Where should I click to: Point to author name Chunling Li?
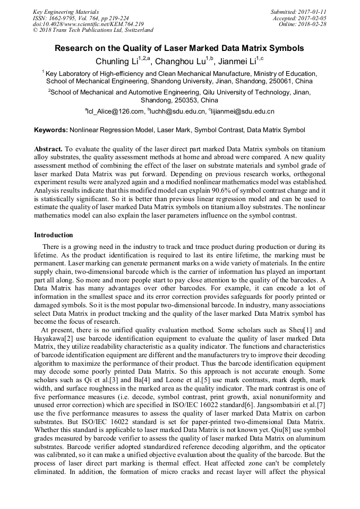tap(115, 62)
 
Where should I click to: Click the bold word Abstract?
tap(48, 150)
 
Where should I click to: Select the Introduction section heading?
tap(54, 235)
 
